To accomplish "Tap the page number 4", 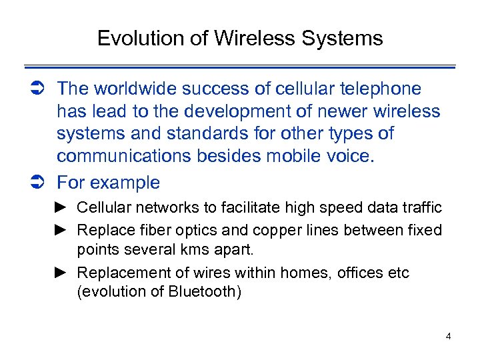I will click(448, 336).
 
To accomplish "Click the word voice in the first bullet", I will click(354, 156).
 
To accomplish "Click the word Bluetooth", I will click(203, 292).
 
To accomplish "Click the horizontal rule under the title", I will click(240, 67).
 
